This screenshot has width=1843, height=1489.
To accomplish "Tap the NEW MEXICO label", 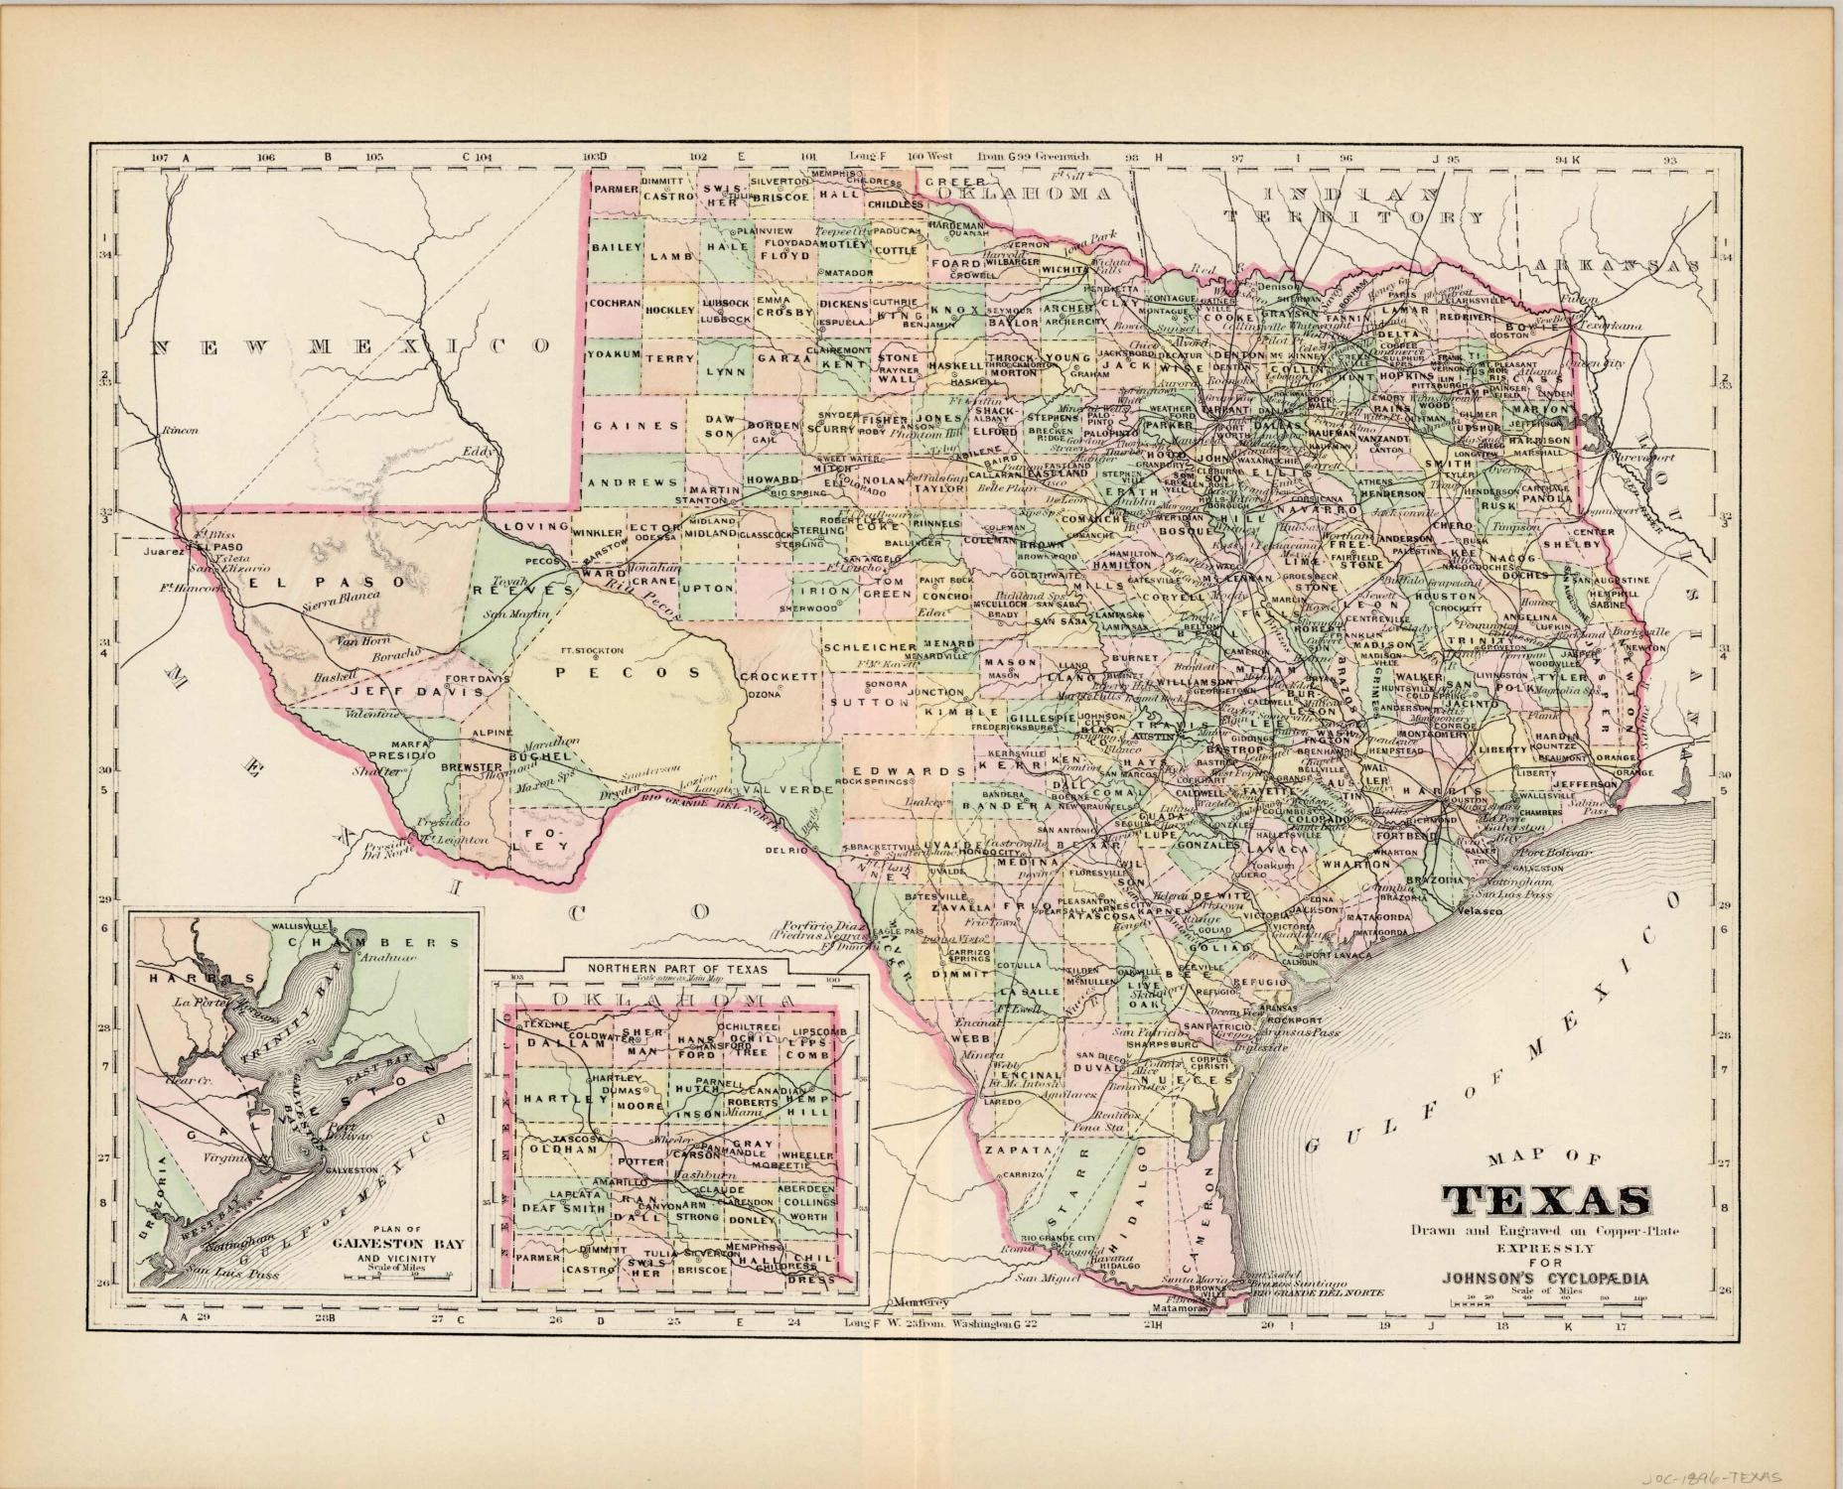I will click(352, 346).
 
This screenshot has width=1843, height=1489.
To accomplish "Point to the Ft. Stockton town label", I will click(592, 651).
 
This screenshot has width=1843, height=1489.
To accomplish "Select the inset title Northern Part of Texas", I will click(671, 967).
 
